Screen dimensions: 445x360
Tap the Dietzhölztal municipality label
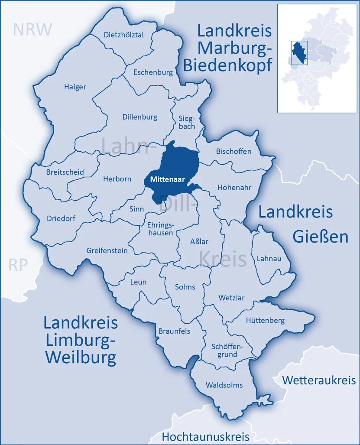(124, 35)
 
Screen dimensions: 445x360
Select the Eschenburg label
(153, 72)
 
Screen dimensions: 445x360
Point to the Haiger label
(75, 87)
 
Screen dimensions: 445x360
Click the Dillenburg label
(140, 117)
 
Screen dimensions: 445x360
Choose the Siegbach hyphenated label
(187, 122)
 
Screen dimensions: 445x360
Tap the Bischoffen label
(234, 151)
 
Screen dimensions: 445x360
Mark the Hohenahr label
(234, 188)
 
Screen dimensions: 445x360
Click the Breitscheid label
(65, 172)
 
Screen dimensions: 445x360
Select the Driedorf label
(61, 218)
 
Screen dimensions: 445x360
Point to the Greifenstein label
(107, 250)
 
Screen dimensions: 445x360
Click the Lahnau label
(269, 259)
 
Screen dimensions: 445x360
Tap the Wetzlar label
(231, 298)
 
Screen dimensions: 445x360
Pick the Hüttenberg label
(265, 321)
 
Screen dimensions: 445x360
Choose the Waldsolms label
(224, 385)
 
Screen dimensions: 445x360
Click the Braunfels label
(174, 331)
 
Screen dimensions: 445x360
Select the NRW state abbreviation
(32, 29)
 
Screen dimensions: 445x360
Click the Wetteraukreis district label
(319, 380)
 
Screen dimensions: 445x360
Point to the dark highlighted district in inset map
(298, 54)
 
